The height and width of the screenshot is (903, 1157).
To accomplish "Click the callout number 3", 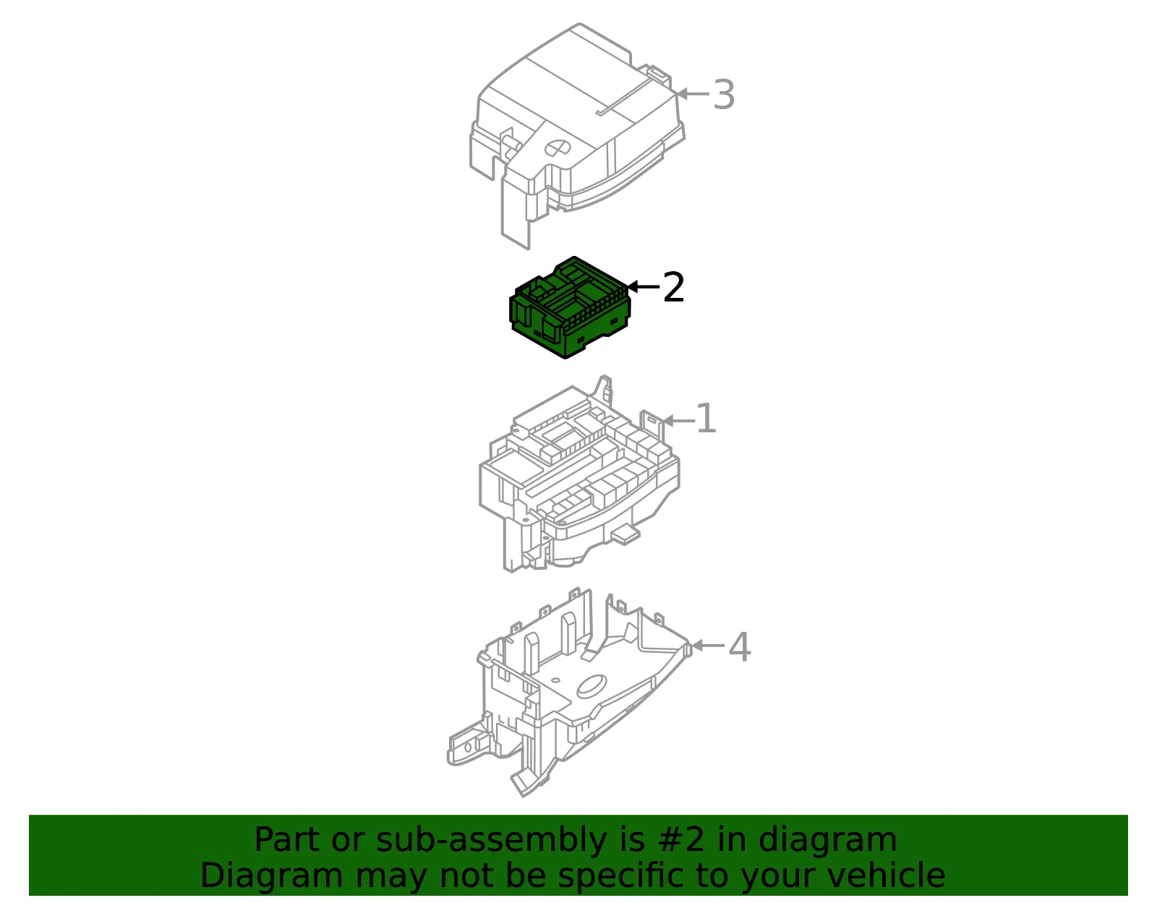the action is point(724,95).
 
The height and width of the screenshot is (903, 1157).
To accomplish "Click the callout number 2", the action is point(673,287).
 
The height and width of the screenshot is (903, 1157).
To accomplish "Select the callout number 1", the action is point(706,418).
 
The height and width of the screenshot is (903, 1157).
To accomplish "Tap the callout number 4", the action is point(740,646).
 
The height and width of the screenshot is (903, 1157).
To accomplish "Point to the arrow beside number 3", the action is point(693,94).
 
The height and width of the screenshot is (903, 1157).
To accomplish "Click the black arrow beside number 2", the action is point(643,287).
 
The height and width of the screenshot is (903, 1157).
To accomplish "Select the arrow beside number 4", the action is point(708,646).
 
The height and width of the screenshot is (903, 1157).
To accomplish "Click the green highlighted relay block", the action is point(570,307).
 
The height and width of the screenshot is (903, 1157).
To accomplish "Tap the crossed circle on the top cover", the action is point(557,148).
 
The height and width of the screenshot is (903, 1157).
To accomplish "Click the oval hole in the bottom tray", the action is point(592,686).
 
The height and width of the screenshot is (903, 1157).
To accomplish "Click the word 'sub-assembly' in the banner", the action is point(492,840).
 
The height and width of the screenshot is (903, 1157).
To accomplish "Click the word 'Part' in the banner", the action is point(288,839).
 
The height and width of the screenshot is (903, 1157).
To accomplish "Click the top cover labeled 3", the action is point(577,136).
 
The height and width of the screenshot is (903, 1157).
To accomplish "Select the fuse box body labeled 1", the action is point(579,474).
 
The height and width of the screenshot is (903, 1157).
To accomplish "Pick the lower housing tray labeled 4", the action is point(569,692).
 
